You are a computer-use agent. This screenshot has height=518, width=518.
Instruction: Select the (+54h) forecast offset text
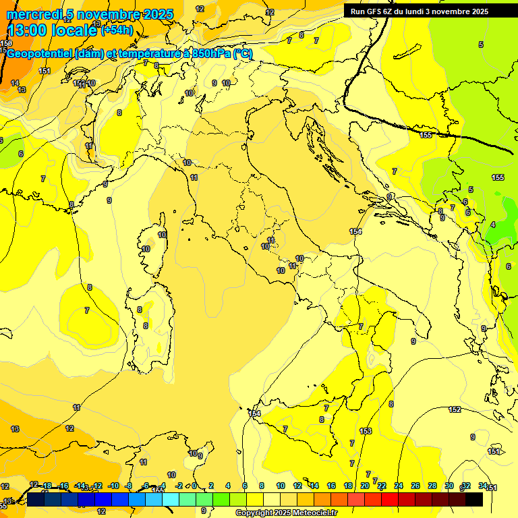pyautogui.click(x=117, y=30)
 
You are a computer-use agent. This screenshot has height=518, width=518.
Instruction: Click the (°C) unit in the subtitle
pyautogui.click(x=243, y=54)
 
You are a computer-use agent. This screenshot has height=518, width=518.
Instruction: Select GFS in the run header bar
pyautogui.click(x=374, y=11)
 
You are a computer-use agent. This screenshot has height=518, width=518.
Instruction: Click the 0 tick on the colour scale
pyautogui.click(x=195, y=486)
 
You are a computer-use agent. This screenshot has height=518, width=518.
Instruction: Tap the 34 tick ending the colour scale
pyautogui.click(x=483, y=486)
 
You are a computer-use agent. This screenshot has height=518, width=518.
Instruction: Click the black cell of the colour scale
pyautogui.click(x=474, y=499)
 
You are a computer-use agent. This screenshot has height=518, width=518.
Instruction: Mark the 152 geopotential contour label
pyautogui.click(x=455, y=409)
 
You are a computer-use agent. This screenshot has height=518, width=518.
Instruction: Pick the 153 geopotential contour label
pyautogui.click(x=366, y=431)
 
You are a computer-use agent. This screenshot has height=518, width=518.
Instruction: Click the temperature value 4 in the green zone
pyautogui.click(x=493, y=225)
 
